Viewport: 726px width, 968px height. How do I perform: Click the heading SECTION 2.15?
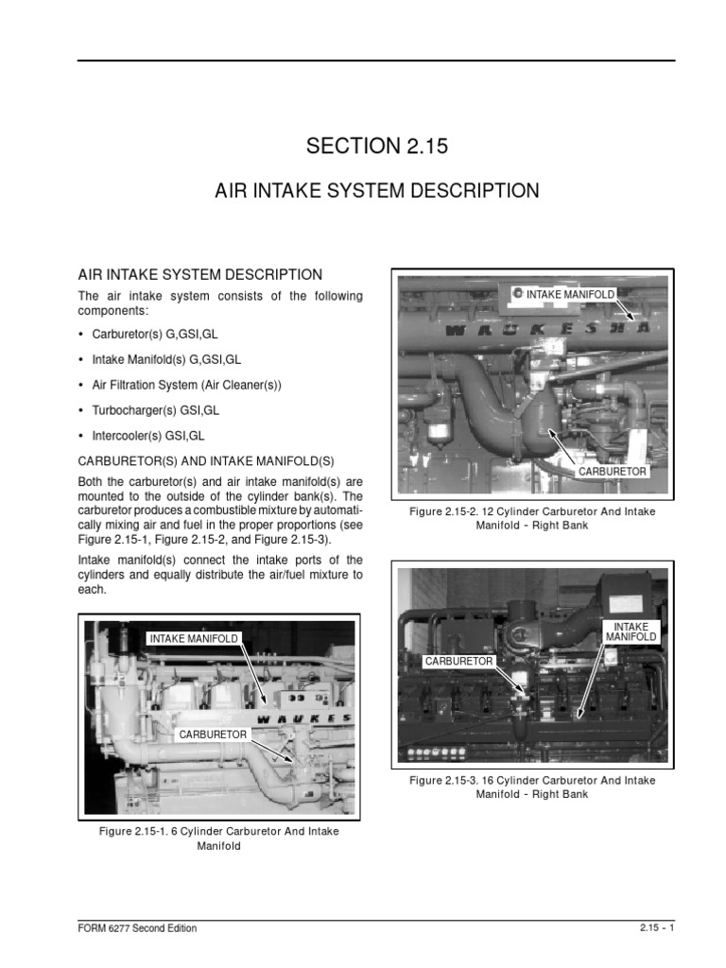tap(376, 147)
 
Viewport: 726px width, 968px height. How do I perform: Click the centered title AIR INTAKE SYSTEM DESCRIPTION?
tap(376, 191)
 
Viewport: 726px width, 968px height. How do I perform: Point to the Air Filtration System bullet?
tap(187, 386)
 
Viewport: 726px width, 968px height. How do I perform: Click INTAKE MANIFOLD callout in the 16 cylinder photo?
tap(631, 631)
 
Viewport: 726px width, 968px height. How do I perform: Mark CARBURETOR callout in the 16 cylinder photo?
tap(458, 662)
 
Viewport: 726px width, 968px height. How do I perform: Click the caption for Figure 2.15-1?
tap(219, 838)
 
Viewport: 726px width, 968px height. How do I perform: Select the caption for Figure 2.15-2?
tap(531, 518)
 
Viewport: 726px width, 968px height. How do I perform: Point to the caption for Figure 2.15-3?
tap(531, 787)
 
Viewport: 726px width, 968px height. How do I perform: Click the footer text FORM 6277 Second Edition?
tap(137, 928)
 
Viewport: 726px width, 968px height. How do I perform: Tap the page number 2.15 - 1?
tap(655, 928)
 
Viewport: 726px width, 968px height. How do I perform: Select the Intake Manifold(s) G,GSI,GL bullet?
tap(166, 360)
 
